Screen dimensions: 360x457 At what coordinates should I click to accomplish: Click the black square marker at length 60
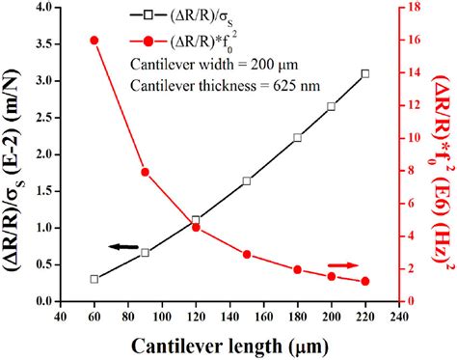94,279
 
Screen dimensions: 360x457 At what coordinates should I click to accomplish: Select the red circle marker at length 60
94,41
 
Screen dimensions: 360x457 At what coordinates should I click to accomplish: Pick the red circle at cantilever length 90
146,172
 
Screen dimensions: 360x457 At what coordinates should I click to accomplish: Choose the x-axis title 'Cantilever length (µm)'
229,345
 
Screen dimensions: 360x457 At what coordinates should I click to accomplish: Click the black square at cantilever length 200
332,106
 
